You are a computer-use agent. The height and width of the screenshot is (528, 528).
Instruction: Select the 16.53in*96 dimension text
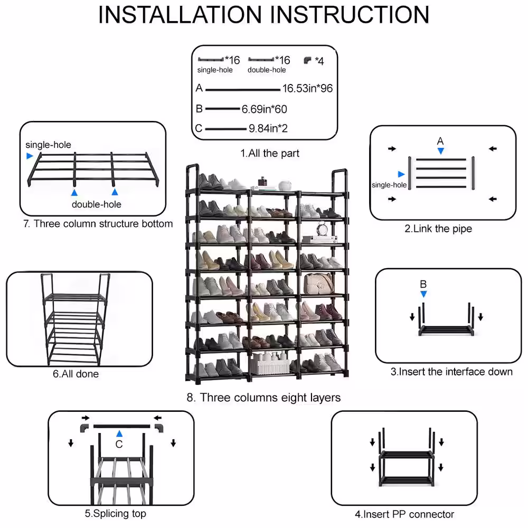[x=307, y=88]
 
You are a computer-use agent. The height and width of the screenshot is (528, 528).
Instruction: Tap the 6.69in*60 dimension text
[x=264, y=109]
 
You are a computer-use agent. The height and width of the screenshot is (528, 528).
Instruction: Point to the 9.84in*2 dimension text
[x=268, y=128]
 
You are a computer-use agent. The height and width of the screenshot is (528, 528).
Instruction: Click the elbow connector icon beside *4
[x=307, y=61]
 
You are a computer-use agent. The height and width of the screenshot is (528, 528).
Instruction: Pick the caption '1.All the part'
[x=270, y=154]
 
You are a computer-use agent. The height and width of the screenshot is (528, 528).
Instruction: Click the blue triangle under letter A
[x=440, y=151]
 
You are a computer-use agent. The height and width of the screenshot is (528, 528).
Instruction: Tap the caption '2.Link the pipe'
[x=438, y=229]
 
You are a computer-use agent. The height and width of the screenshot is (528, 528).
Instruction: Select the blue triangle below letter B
[x=423, y=294]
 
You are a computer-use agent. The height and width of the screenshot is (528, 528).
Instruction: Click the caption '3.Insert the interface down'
[x=451, y=372]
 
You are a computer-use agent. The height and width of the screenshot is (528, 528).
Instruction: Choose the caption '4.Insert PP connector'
[x=404, y=514]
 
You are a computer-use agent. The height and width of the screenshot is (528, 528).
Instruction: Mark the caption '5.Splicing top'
[x=116, y=513]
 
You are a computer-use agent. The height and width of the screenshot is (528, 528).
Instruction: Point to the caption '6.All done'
[x=76, y=374]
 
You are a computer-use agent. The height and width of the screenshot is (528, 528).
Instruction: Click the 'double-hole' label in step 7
[x=96, y=204]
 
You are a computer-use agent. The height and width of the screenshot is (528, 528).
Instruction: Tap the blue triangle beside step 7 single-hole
[x=30, y=156]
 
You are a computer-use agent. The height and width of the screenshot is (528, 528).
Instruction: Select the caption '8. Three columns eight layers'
[x=263, y=398]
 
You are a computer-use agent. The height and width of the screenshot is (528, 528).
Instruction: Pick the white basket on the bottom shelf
[x=269, y=364]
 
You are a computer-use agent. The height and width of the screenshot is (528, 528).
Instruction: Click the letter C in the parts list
[x=199, y=128]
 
